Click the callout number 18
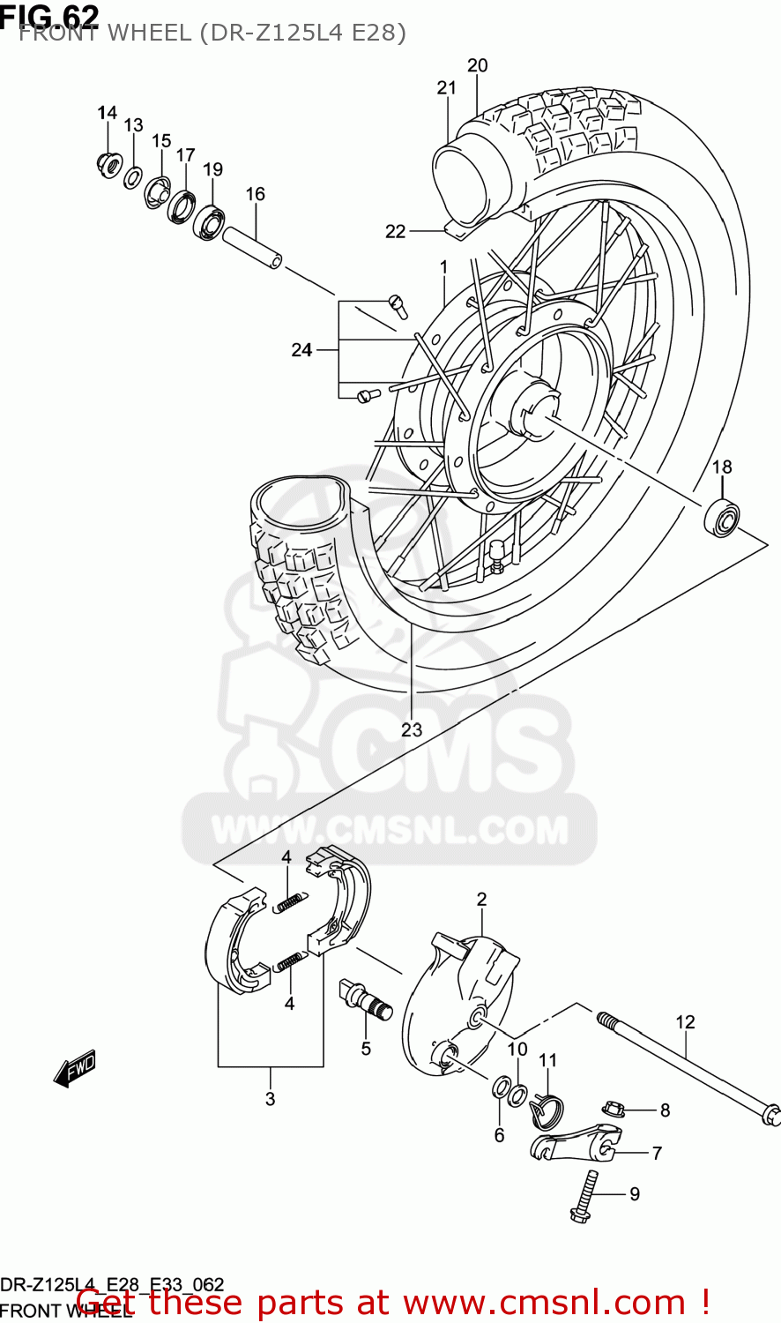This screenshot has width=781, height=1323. click(x=722, y=467)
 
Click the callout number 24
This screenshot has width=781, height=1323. click(x=301, y=350)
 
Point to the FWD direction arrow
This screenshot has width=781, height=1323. click(x=75, y=1068)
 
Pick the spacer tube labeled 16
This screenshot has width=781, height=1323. click(x=252, y=248)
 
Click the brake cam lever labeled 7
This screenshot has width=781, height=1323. click(x=574, y=1142)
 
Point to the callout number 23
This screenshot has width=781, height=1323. click(x=412, y=729)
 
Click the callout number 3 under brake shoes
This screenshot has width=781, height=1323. click(x=270, y=1098)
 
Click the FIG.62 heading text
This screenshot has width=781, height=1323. click(x=49, y=15)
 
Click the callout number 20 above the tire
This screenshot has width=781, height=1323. click(x=477, y=65)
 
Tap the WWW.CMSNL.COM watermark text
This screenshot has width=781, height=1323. click(x=390, y=830)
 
